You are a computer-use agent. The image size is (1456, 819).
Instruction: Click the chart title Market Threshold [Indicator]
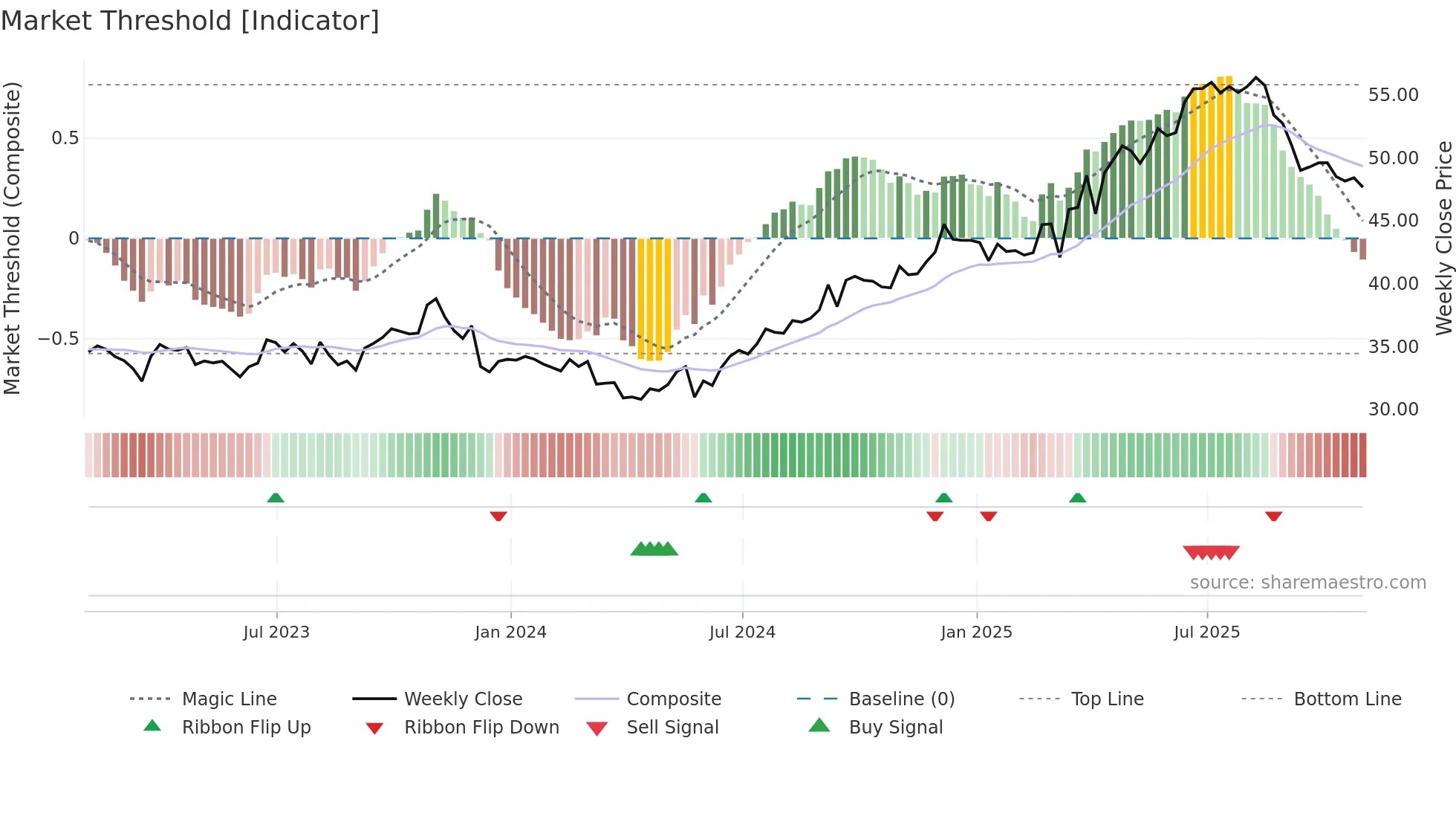190,21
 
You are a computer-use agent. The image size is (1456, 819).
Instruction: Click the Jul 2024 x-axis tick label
742,632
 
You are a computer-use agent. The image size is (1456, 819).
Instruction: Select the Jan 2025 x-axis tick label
976,632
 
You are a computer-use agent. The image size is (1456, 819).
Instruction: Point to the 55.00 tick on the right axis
1393,95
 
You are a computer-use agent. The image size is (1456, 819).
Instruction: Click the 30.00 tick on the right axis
1393,409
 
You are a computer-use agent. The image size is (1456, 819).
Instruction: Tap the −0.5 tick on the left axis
58,339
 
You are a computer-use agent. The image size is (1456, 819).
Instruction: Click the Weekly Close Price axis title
1443,238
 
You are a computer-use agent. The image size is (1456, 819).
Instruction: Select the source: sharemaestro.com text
1307,583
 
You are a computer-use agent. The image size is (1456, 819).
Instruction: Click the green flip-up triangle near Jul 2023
276,498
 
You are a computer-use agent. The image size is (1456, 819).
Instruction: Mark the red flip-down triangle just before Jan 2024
498,516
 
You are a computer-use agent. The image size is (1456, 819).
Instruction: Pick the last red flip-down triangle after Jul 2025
1273,516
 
